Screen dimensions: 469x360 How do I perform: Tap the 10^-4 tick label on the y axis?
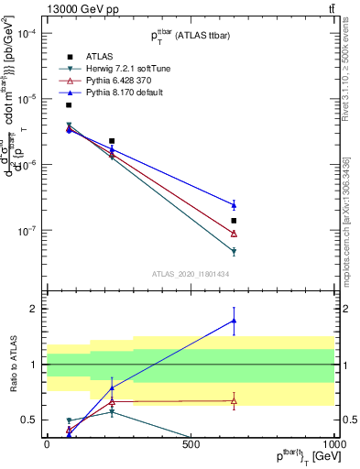[x=26, y=33]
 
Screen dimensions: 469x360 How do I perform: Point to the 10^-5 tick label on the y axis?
[x=26, y=99]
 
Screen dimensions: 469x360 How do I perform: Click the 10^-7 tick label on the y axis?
[x=26, y=230]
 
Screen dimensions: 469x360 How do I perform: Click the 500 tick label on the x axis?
[x=191, y=443]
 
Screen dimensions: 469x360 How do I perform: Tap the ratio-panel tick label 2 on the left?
[x=31, y=309]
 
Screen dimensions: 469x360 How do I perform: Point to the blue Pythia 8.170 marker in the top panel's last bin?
[x=234, y=204]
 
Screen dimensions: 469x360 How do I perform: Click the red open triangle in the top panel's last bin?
[x=234, y=234]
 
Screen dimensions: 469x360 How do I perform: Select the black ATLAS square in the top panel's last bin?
[x=234, y=221]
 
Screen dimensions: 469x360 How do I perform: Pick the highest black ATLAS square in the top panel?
[x=69, y=104]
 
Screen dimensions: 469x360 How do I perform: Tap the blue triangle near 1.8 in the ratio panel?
[x=234, y=321]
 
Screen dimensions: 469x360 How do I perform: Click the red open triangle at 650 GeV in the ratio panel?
[x=234, y=400]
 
